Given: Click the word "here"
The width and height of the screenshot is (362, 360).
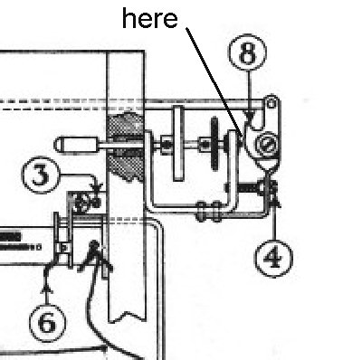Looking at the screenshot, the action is pos(149,18).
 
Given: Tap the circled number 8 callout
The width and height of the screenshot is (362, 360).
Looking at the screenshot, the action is pos(247,52).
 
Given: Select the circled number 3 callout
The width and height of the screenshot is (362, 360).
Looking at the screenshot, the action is pos(41,175).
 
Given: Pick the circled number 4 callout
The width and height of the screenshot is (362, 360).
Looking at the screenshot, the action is pos(273,259).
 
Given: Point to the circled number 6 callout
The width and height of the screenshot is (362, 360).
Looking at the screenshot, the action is pos(47,323).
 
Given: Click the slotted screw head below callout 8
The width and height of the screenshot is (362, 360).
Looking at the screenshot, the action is pos(266,144).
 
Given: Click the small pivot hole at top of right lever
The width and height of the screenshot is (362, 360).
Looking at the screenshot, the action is pos(271,104).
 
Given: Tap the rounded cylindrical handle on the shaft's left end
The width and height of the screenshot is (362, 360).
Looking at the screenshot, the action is pos(76,145).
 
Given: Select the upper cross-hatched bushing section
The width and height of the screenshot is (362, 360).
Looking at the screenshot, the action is pos(126,124).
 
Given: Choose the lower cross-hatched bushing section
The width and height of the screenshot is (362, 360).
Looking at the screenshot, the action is pos(126,166).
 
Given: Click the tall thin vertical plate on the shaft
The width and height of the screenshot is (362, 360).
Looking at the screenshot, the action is pos(178,144).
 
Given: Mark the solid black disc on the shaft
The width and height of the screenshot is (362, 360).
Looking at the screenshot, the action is pos(214,144).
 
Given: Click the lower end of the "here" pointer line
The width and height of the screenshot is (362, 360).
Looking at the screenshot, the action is pos(242,137).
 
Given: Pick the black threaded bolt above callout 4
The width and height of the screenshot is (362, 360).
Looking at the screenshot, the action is pos(248,188).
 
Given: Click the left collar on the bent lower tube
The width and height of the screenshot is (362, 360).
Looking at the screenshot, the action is pos(201,212).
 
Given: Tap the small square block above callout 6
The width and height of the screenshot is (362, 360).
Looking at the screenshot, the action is pos(63,248).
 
